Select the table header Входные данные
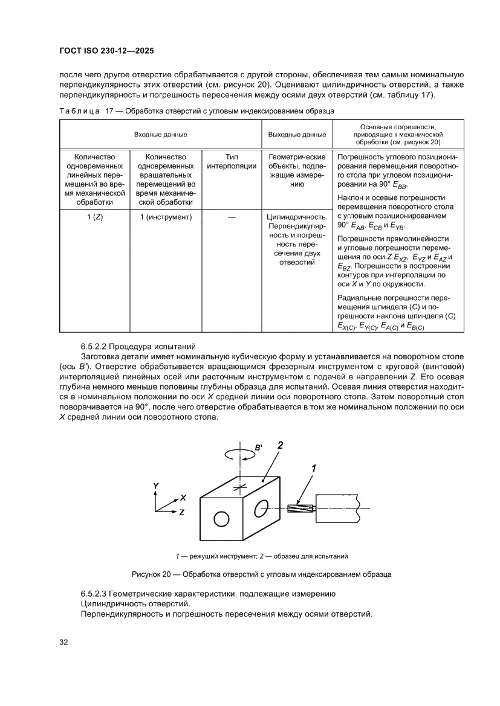[x=160, y=134]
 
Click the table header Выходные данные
[x=297, y=134]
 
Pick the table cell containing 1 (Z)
[x=94, y=217]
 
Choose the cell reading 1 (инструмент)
[x=165, y=217]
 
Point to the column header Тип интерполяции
[x=231, y=161]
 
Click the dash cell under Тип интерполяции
[x=231, y=217]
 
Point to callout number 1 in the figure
[x=314, y=467]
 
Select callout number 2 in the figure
[x=280, y=446]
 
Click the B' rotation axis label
[x=258, y=448]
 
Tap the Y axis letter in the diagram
[x=155, y=486]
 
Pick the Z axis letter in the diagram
[x=181, y=512]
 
